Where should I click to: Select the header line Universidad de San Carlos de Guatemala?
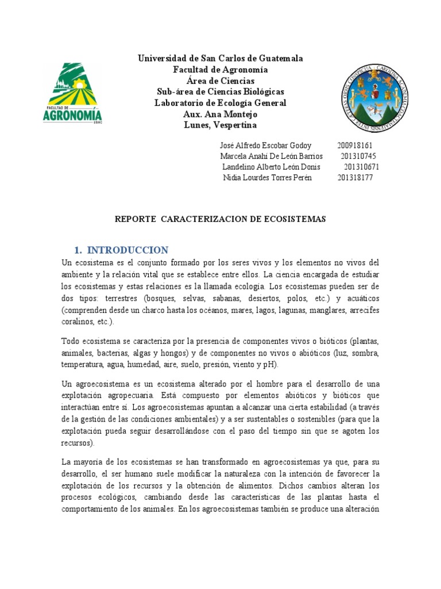pos(220,59)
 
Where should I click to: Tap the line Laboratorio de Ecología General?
pos(220,103)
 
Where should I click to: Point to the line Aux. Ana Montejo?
pos(220,114)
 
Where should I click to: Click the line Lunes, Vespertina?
pos(220,125)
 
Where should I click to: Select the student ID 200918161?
pos(355,146)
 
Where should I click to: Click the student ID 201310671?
pos(362,167)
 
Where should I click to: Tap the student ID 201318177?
pos(355,178)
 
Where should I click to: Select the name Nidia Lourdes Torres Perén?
pos(267,178)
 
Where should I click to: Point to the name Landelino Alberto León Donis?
pos(271,167)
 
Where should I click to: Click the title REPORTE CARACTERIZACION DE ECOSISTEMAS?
pos(220,219)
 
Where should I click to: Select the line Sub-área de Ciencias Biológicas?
pos(220,92)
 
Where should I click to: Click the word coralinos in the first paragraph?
pos(78,322)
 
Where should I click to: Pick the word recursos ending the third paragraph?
pos(78,443)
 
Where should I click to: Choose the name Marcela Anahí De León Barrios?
pos(271,156)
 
